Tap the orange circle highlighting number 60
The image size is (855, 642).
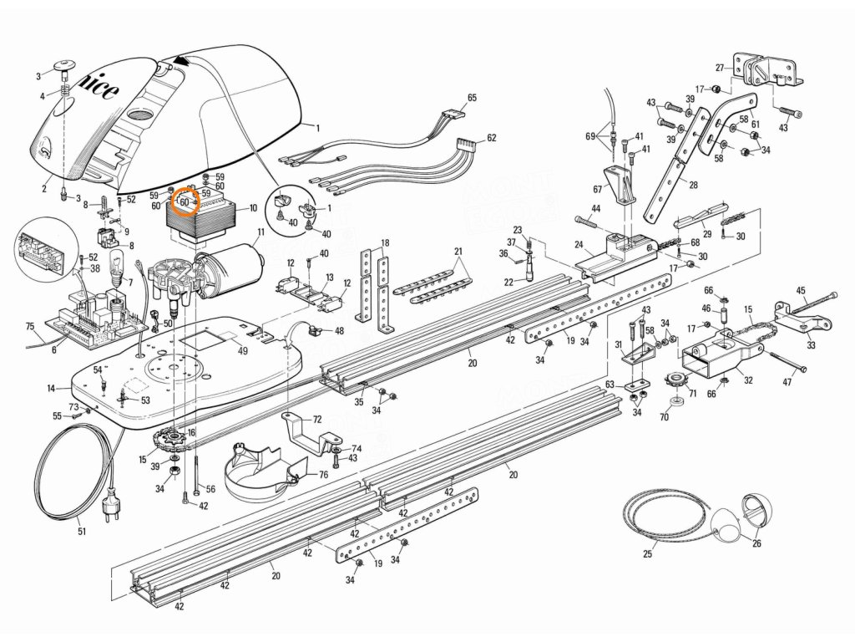(185, 201)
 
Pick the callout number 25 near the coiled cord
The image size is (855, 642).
(647, 553)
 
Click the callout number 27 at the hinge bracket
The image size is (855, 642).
(720, 67)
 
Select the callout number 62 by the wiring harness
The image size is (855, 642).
(491, 138)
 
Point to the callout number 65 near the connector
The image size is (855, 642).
(472, 98)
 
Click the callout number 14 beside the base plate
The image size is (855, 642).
(51, 389)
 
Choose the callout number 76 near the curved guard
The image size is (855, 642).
(323, 474)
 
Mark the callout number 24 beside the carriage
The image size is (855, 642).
(578, 246)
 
